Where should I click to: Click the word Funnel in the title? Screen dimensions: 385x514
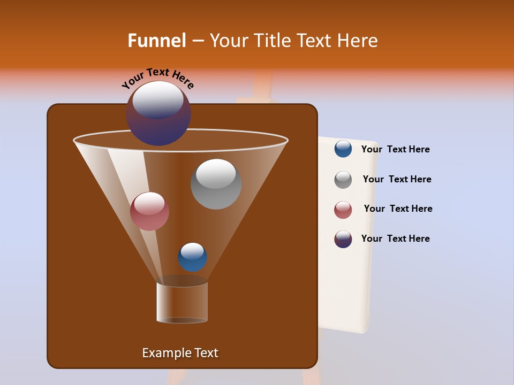point(156,41)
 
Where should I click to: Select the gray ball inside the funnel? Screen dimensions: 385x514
point(216,184)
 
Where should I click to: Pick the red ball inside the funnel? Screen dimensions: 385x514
point(149,211)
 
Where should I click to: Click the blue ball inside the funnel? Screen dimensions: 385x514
point(192,257)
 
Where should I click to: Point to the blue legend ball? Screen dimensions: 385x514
point(343,149)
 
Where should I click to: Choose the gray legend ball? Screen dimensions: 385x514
point(343,180)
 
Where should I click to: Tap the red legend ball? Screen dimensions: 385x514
point(343,210)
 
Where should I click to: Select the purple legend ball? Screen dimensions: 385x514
point(343,239)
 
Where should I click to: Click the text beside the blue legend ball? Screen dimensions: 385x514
point(395,149)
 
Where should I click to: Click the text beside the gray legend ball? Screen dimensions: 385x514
point(397,179)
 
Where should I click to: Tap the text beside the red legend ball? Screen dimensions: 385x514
point(398,209)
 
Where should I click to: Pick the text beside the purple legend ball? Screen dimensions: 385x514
point(395,238)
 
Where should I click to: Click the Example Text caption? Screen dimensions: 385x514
point(180,353)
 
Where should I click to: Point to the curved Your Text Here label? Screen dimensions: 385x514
point(157,78)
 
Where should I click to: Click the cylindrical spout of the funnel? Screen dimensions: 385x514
point(182,303)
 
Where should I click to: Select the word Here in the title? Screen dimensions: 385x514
point(359,41)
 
